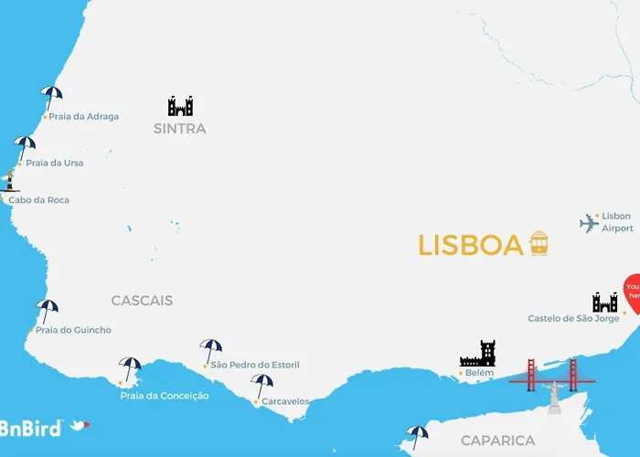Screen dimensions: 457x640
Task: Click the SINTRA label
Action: click(180, 129)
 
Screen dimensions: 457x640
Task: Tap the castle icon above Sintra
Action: click(180, 106)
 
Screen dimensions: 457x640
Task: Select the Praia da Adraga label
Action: click(83, 117)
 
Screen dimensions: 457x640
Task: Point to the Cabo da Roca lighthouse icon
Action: click(10, 181)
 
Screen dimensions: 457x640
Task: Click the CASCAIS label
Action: click(142, 301)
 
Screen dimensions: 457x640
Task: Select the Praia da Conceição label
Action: click(165, 396)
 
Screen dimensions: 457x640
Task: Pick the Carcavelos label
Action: click(285, 401)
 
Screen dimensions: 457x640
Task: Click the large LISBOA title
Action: click(470, 245)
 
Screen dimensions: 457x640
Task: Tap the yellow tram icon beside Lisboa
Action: click(539, 243)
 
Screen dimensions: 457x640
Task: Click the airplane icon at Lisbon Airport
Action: click(589, 223)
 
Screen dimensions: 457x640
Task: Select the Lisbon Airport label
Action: click(616, 222)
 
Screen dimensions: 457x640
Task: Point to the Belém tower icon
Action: click(477, 354)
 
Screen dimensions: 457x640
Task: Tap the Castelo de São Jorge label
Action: click(573, 319)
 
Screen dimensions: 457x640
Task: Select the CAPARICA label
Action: click(497, 441)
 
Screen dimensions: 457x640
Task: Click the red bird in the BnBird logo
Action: click(80, 425)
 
